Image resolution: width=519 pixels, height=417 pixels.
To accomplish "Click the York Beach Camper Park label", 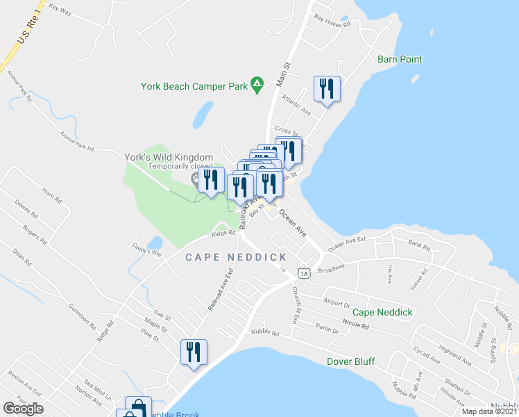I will point(194,87).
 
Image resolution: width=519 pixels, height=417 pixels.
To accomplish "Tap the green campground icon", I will point(257,85).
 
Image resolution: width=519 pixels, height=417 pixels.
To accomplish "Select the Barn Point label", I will point(400,59).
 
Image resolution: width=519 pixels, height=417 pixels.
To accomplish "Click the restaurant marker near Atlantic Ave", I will point(326,89).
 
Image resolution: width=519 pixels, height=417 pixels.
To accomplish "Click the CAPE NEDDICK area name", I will point(236,257).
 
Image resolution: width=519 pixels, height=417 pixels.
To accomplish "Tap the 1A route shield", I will point(303,268).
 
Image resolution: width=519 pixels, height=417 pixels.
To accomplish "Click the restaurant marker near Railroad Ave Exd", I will point(194,351).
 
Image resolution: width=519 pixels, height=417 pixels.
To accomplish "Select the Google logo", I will point(23,408).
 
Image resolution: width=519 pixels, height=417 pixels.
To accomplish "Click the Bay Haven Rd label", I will point(332,19).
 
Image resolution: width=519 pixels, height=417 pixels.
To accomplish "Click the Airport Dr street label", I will point(337,303).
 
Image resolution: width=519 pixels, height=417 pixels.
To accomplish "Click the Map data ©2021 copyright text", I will point(488,411).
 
